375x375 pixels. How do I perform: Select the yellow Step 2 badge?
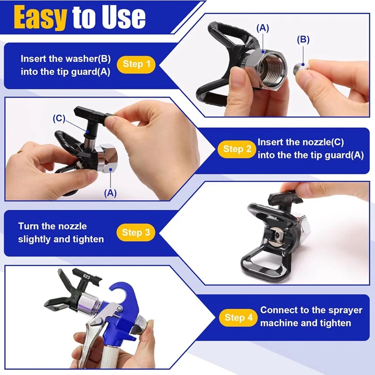click(x=237, y=149)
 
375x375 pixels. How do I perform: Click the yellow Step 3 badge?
click(x=136, y=232)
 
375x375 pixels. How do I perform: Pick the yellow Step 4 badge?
click(x=238, y=317)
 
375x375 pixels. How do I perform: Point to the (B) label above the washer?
click(x=303, y=40)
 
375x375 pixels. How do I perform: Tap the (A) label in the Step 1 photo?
click(x=262, y=28)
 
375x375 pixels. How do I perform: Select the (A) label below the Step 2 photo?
click(x=110, y=193)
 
